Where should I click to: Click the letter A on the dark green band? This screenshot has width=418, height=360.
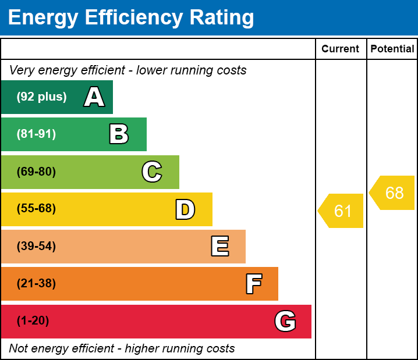[x=94, y=97]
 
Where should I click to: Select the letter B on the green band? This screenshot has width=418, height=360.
[x=119, y=134]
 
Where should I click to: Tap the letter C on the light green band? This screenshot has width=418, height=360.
[x=152, y=172]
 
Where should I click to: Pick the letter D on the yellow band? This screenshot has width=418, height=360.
[x=185, y=209]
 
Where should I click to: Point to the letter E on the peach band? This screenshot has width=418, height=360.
[x=219, y=247]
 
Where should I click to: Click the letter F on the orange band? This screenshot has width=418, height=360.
[x=253, y=284]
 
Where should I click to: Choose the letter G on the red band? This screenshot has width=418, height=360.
[x=285, y=321]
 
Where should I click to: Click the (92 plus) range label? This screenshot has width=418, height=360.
[x=41, y=97]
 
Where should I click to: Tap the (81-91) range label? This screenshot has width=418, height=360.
[x=36, y=134]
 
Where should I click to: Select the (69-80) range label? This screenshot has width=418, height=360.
[x=36, y=172]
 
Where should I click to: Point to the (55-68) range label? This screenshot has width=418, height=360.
[x=36, y=209]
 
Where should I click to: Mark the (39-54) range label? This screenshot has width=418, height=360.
[x=36, y=247]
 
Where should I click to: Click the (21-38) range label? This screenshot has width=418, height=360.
[x=36, y=284]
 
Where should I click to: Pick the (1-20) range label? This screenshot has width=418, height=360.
[x=33, y=321]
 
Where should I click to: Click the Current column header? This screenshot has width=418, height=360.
[x=341, y=49]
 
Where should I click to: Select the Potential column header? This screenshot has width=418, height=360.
[x=392, y=49]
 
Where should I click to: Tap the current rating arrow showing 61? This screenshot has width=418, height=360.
[x=342, y=211]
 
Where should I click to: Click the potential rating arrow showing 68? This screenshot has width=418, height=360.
[x=393, y=193]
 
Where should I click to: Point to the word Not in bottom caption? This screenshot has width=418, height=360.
[x=19, y=348]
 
